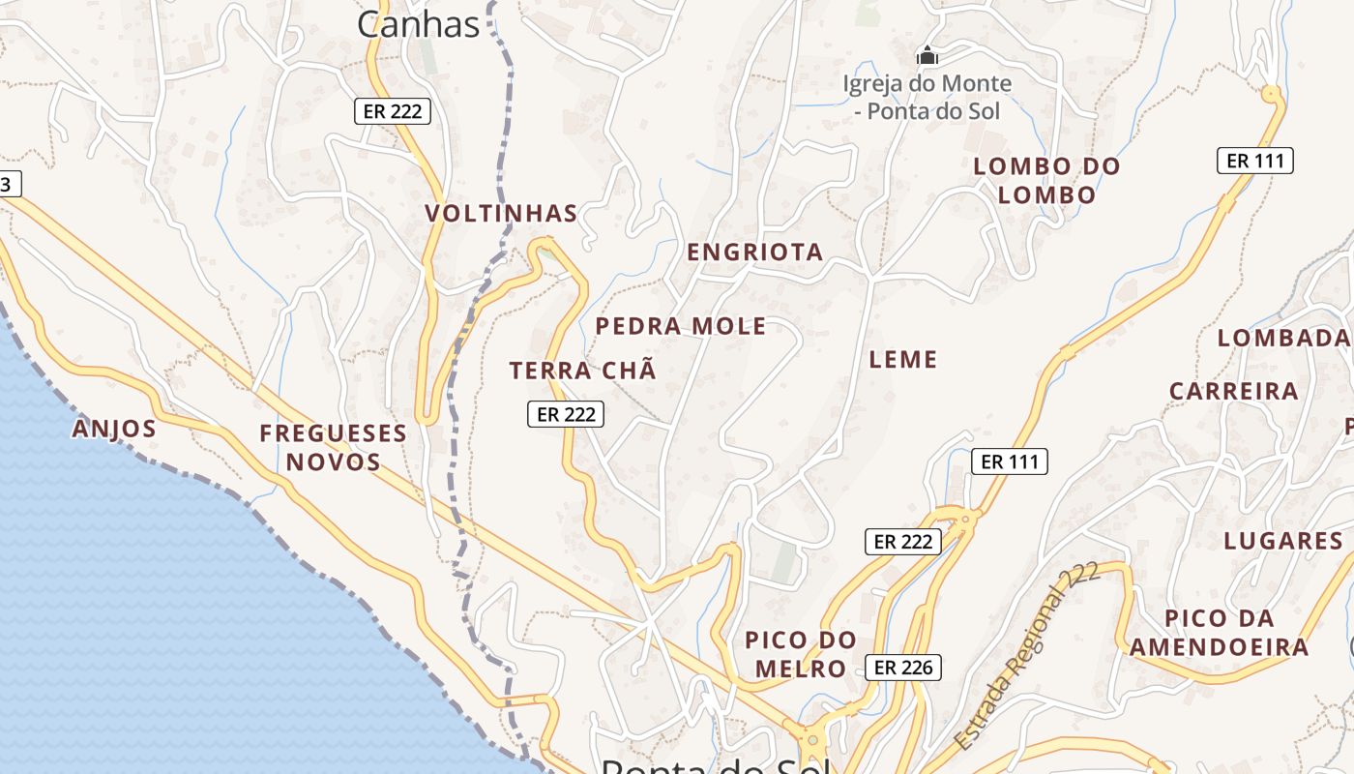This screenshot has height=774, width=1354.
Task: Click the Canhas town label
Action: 418,24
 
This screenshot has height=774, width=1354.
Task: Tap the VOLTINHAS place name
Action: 501,213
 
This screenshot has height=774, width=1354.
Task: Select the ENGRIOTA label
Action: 754,253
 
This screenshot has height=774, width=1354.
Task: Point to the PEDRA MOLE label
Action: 680,326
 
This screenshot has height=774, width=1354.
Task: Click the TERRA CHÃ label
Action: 582,370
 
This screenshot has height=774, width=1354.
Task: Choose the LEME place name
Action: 903,360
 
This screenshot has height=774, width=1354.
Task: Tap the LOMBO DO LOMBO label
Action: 1046,180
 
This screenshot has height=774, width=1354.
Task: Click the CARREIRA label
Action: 1233,391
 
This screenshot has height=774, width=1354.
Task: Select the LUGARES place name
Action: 1283,541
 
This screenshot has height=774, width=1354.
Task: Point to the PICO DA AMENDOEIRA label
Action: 1219,633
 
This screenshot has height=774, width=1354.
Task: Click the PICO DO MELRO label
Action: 801,654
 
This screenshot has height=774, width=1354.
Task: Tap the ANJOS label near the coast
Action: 114,429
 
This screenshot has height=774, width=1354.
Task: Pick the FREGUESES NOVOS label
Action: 333,447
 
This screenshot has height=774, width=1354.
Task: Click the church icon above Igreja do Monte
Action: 927,56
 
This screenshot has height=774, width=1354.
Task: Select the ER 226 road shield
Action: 902,667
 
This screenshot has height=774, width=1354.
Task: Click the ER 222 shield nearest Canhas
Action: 391,111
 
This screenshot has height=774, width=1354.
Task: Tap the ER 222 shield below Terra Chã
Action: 566,414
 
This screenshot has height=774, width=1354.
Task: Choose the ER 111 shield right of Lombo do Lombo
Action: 1254,161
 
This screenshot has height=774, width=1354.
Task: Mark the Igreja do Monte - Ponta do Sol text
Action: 927,97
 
